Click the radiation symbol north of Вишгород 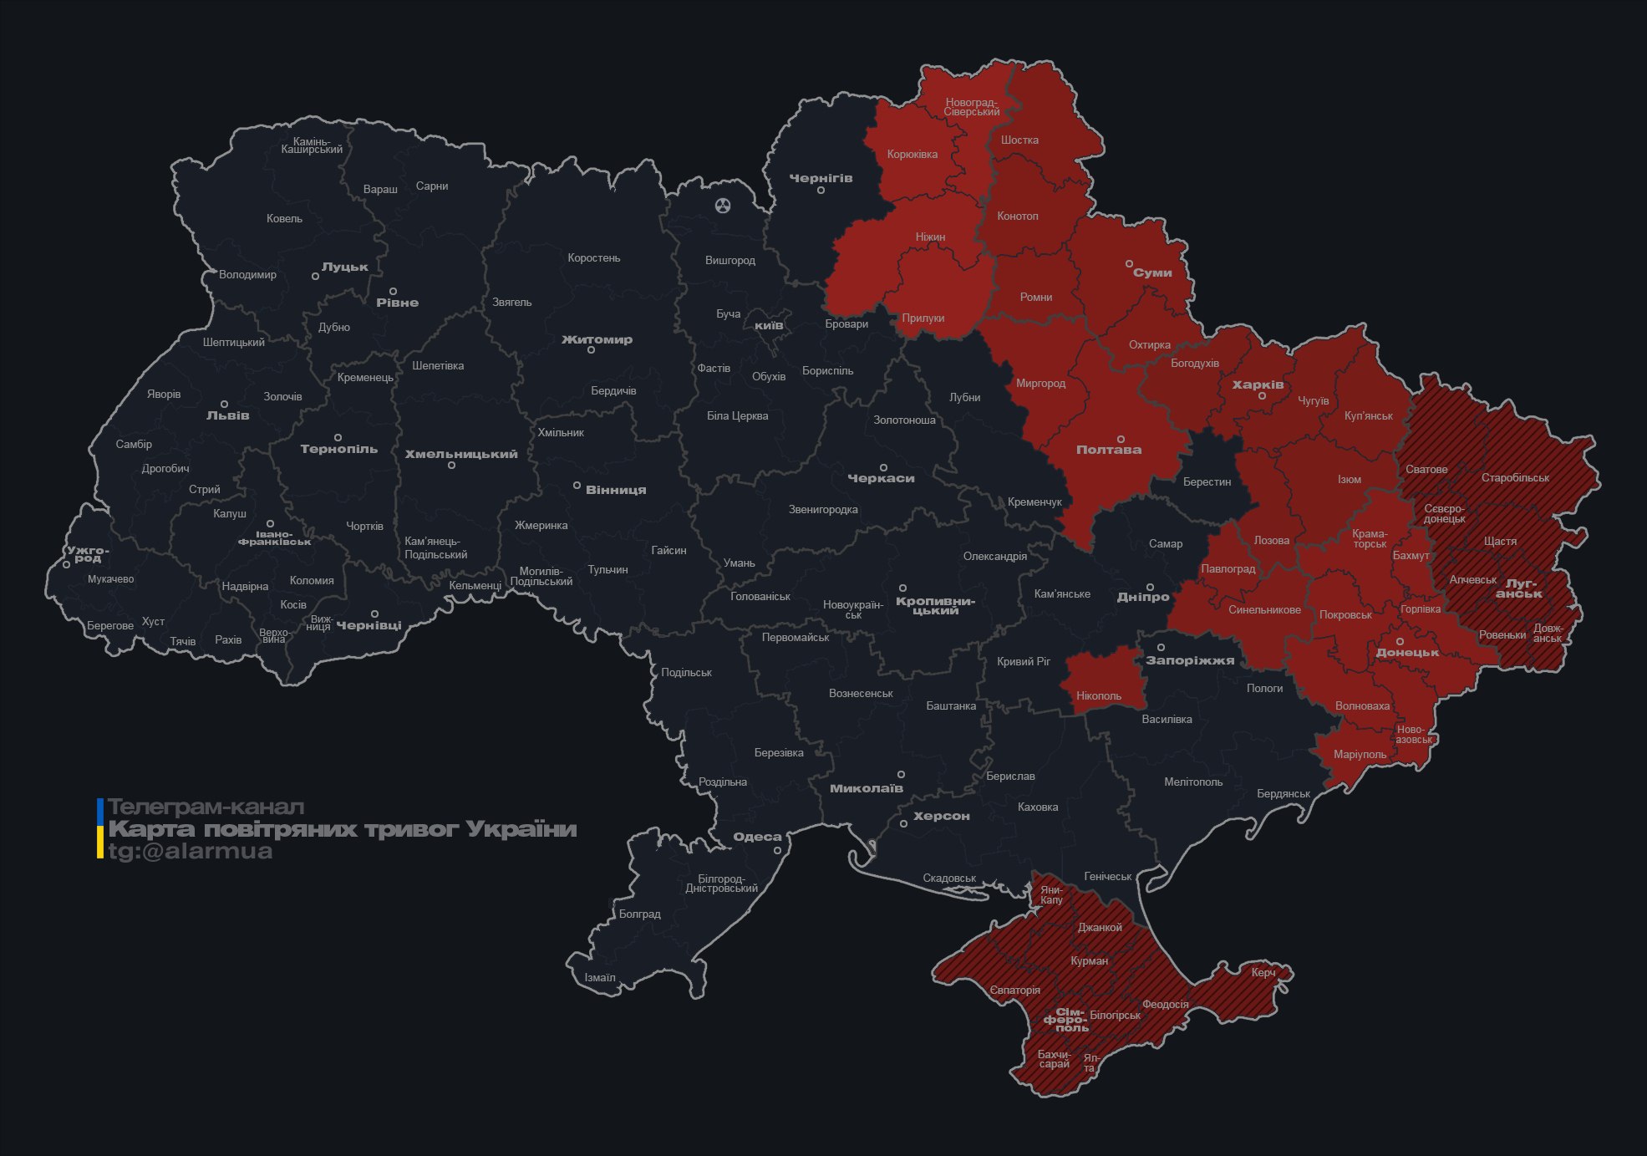[x=723, y=205]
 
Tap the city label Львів [x=227, y=415]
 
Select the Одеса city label [x=757, y=837]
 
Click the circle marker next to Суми [x=1129, y=263]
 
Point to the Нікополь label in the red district [x=1099, y=695]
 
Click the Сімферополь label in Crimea [x=1066, y=1020]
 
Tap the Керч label [x=1263, y=972]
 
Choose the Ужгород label [x=88, y=554]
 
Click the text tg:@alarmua [x=191, y=851]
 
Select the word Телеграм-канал [x=206, y=807]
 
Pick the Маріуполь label [x=1360, y=754]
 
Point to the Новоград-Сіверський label [x=972, y=107]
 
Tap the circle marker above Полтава [x=1121, y=439]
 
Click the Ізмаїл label [x=600, y=977]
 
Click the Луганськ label [x=1519, y=588]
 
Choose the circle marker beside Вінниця [x=577, y=485]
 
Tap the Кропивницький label [x=935, y=605]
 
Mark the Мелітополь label [x=1193, y=782]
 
